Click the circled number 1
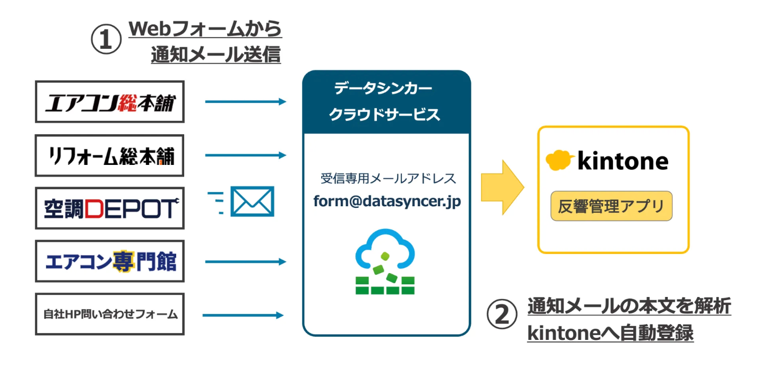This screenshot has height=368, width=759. click(x=107, y=41)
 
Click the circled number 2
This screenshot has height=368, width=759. click(x=502, y=314)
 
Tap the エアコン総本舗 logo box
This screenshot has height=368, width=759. click(x=109, y=102)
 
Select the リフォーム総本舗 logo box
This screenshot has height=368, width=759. click(x=109, y=155)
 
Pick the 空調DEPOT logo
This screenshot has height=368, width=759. click(x=109, y=208)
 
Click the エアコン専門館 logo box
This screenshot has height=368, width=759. click(x=109, y=261)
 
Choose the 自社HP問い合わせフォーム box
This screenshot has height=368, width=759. click(x=109, y=314)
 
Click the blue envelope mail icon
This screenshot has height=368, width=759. click(x=253, y=201)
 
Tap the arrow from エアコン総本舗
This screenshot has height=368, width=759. click(x=245, y=102)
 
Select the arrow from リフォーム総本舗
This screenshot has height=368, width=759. click(x=245, y=155)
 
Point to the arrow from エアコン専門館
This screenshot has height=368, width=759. click(x=245, y=261)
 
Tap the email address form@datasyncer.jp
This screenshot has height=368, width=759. click(x=386, y=201)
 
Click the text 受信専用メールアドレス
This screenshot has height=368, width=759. click(x=387, y=178)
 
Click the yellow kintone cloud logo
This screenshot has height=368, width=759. click(x=559, y=160)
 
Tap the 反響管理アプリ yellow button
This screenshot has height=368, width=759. click(x=611, y=206)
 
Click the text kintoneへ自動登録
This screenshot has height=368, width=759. click(x=610, y=333)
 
